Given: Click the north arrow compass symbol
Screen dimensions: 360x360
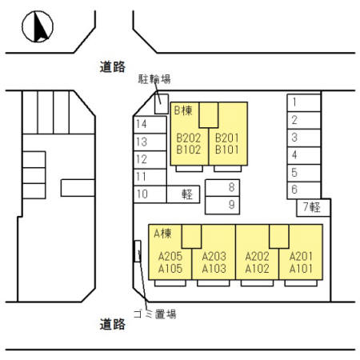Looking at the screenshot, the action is coord(38,26).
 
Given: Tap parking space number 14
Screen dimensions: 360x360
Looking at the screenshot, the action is coord(150,125).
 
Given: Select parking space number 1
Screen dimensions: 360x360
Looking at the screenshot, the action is coord(304,102).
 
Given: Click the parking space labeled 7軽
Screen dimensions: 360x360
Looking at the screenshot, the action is coord(314,207).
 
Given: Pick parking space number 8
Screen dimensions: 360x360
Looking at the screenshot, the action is coord(222,188).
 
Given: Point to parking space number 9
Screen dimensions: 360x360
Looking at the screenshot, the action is coord(222,206).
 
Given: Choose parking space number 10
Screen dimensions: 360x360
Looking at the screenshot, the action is coord(150,194).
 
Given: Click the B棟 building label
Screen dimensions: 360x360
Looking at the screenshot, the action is coord(183,110).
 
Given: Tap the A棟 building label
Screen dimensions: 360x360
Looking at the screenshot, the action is coord(162,234).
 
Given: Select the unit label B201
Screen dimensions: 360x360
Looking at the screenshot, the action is coord(227,138).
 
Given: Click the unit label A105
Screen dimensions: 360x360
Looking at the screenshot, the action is coord(170,269).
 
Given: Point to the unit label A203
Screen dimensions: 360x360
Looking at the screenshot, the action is coord(214,256).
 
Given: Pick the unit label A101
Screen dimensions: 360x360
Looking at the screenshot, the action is coord(301,269).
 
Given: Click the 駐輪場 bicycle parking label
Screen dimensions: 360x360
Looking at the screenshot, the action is coord(154,79).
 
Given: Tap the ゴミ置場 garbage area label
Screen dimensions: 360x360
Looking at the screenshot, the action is coord(154,314).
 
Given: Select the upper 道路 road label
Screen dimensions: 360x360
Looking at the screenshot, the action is coord(113,66).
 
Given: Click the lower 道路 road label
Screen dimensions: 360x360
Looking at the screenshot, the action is coord(113,324).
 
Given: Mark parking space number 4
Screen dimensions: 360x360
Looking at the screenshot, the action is coord(304,155).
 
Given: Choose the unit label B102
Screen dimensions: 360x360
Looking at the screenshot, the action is coord(189,150).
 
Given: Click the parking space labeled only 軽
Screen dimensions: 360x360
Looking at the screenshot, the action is coord(183,194).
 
